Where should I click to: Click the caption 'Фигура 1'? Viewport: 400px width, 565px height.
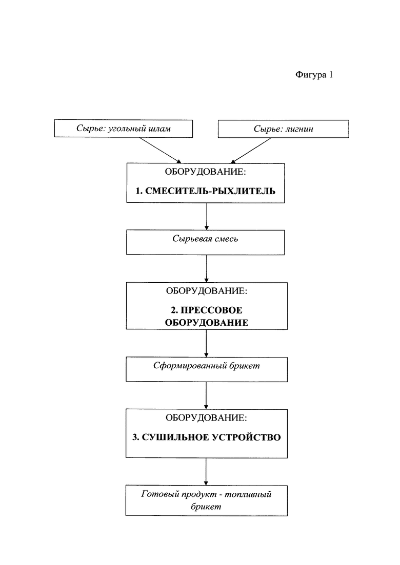point(314,75)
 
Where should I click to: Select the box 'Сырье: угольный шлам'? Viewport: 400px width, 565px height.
point(124,129)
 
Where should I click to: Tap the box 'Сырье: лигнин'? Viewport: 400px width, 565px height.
point(284,129)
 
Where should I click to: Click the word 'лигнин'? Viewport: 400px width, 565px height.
point(299,129)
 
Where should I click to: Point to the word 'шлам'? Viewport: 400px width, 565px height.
point(159,129)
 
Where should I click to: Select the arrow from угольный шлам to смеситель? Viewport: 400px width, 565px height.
point(160,150)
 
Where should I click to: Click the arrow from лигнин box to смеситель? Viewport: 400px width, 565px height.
point(251,150)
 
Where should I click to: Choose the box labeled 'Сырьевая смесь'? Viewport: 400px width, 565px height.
point(205,242)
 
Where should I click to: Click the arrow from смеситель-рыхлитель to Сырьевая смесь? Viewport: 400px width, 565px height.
point(206,216)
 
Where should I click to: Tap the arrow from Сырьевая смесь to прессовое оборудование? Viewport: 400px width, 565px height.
point(206,269)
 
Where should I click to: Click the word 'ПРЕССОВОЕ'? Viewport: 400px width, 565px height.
point(211,310)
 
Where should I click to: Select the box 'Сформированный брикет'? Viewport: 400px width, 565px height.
point(207,369)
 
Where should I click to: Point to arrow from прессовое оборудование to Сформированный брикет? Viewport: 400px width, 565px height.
point(206,343)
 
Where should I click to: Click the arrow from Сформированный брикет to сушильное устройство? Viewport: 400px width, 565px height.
point(206,395)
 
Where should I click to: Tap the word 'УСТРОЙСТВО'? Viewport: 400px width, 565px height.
point(246,437)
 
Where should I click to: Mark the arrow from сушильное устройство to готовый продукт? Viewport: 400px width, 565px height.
point(206,472)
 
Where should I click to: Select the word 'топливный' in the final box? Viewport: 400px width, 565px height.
point(248,494)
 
